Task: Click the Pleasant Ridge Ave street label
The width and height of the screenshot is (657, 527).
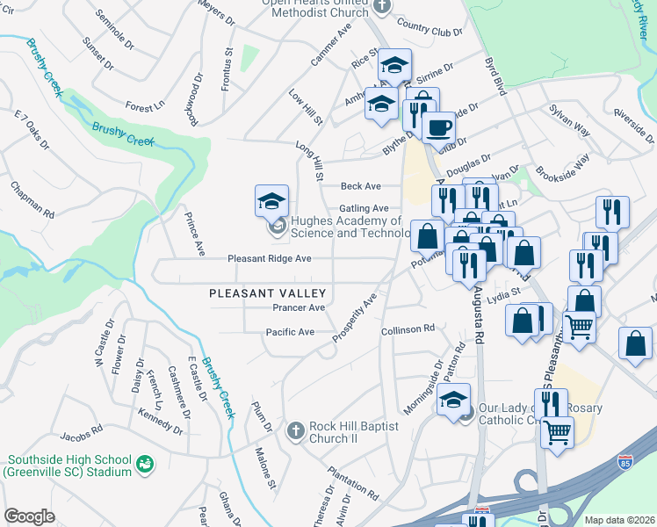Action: click(x=270, y=259)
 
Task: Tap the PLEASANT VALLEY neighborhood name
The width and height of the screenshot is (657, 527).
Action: click(x=268, y=293)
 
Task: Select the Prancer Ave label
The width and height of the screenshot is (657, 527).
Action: click(x=299, y=308)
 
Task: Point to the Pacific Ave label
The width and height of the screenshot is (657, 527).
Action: click(x=290, y=332)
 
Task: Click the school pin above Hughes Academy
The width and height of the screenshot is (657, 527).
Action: click(x=271, y=201)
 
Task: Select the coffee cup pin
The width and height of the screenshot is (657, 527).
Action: click(x=437, y=126)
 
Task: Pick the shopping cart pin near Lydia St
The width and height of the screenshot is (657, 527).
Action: click(x=579, y=326)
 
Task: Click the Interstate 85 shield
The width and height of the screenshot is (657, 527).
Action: click(x=625, y=461)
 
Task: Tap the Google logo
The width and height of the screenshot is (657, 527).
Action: click(x=29, y=516)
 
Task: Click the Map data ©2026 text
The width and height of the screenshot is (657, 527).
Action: click(x=619, y=520)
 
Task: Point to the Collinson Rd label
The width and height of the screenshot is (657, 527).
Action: click(x=408, y=328)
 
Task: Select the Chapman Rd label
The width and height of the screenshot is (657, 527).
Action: click(x=32, y=200)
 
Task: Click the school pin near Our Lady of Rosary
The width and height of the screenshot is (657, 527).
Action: click(x=454, y=400)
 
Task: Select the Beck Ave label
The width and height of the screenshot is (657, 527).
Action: click(x=361, y=186)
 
